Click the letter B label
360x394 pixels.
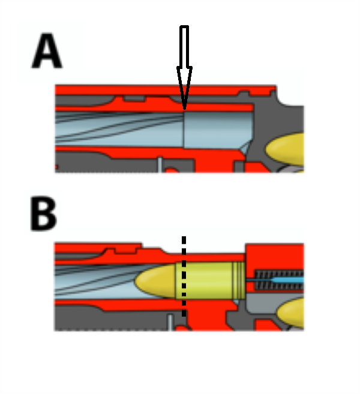pyautogui.click(x=44, y=213)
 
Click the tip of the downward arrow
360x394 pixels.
pyautogui.click(x=184, y=108)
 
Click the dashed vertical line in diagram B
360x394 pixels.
pyautogui.click(x=184, y=276)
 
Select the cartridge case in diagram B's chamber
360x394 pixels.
pyautogui.click(x=210, y=280)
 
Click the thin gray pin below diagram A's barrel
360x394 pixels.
pyautogui.click(x=161, y=164)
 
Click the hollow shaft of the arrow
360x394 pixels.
pyautogui.click(x=184, y=48)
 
